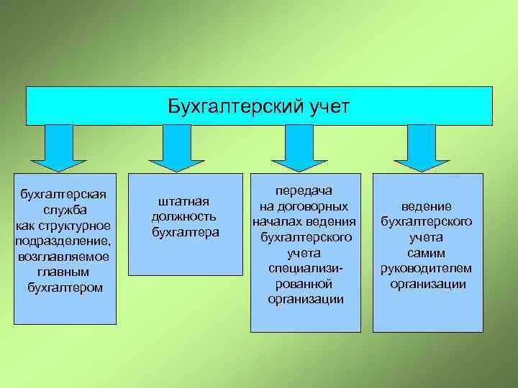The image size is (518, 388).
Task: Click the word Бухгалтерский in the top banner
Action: coord(227,106)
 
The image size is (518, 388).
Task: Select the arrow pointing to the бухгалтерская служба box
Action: coord(64,147)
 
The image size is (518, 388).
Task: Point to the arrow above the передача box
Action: coord(294,147)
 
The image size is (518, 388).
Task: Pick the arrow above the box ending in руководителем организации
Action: coord(422,147)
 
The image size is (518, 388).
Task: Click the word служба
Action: coord(65,210)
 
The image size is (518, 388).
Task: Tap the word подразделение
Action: coord(63,241)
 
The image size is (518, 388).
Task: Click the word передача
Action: coord(305,190)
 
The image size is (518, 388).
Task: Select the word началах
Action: coord(276,221)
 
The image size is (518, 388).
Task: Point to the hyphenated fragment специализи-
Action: coord(305,268)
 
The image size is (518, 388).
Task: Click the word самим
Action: coord(427,253)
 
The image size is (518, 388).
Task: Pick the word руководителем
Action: coord(427,268)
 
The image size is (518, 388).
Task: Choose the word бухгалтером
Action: coord(65,287)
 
